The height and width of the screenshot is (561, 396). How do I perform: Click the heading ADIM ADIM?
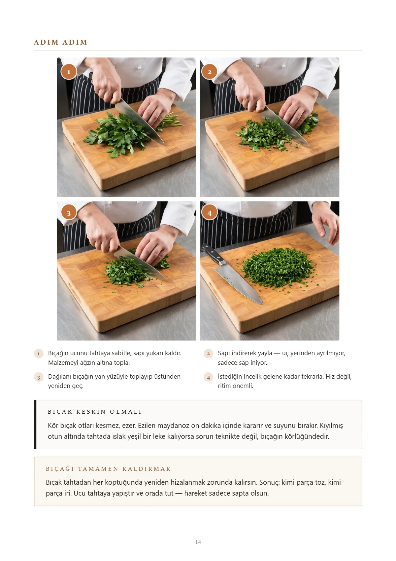(x=60, y=42)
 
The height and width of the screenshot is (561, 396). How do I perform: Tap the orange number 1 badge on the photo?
(x=69, y=72)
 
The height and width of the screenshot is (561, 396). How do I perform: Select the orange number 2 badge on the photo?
(x=209, y=72)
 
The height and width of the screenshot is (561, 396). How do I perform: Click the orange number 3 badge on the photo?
(x=69, y=213)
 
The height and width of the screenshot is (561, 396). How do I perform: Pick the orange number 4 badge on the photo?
(x=209, y=213)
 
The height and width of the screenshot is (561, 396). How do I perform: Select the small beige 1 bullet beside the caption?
(x=39, y=354)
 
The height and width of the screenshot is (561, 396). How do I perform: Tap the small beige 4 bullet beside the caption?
(x=208, y=377)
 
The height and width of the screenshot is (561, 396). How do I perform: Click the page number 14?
(x=198, y=542)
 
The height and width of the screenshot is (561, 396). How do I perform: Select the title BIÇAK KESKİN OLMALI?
(x=95, y=412)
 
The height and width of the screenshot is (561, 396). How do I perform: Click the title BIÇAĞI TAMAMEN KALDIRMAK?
(x=108, y=469)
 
